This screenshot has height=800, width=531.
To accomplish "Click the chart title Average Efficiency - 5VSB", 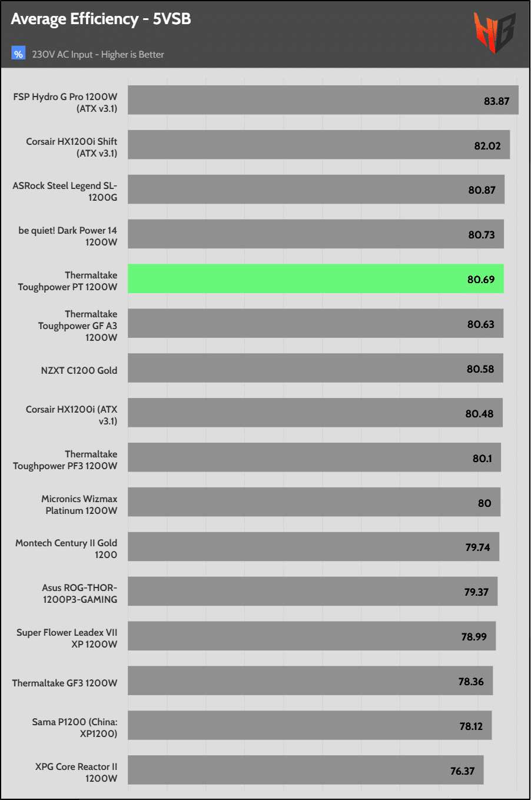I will (101, 19).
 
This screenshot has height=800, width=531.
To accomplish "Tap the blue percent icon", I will (18, 54).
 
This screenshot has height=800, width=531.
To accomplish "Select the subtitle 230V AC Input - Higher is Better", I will (98, 54).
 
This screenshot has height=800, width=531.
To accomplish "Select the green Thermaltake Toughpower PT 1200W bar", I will (316, 278).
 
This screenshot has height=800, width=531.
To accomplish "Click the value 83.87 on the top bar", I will (496, 101).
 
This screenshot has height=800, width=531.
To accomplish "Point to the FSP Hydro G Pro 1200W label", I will (65, 102).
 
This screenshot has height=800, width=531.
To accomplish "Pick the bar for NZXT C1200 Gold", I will (315, 368).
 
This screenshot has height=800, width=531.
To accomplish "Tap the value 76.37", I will (462, 771).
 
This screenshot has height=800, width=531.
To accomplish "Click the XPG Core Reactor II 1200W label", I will (76, 772).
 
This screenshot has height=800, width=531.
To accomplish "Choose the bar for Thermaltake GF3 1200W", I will (310, 681).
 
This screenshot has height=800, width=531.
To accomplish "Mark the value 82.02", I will (487, 145).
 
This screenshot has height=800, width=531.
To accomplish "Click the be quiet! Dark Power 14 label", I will (68, 236).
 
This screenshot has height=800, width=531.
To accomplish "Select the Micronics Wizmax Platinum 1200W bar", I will (314, 502).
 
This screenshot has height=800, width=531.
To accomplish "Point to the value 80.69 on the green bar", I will (481, 279).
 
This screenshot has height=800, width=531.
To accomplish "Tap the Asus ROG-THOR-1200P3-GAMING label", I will (79, 593).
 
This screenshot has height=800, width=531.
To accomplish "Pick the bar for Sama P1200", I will (310, 725).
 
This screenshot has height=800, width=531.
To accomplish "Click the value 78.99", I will (474, 636).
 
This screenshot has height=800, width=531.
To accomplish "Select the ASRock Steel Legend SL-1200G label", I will (65, 191).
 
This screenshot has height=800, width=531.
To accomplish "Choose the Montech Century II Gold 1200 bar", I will (313, 546).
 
